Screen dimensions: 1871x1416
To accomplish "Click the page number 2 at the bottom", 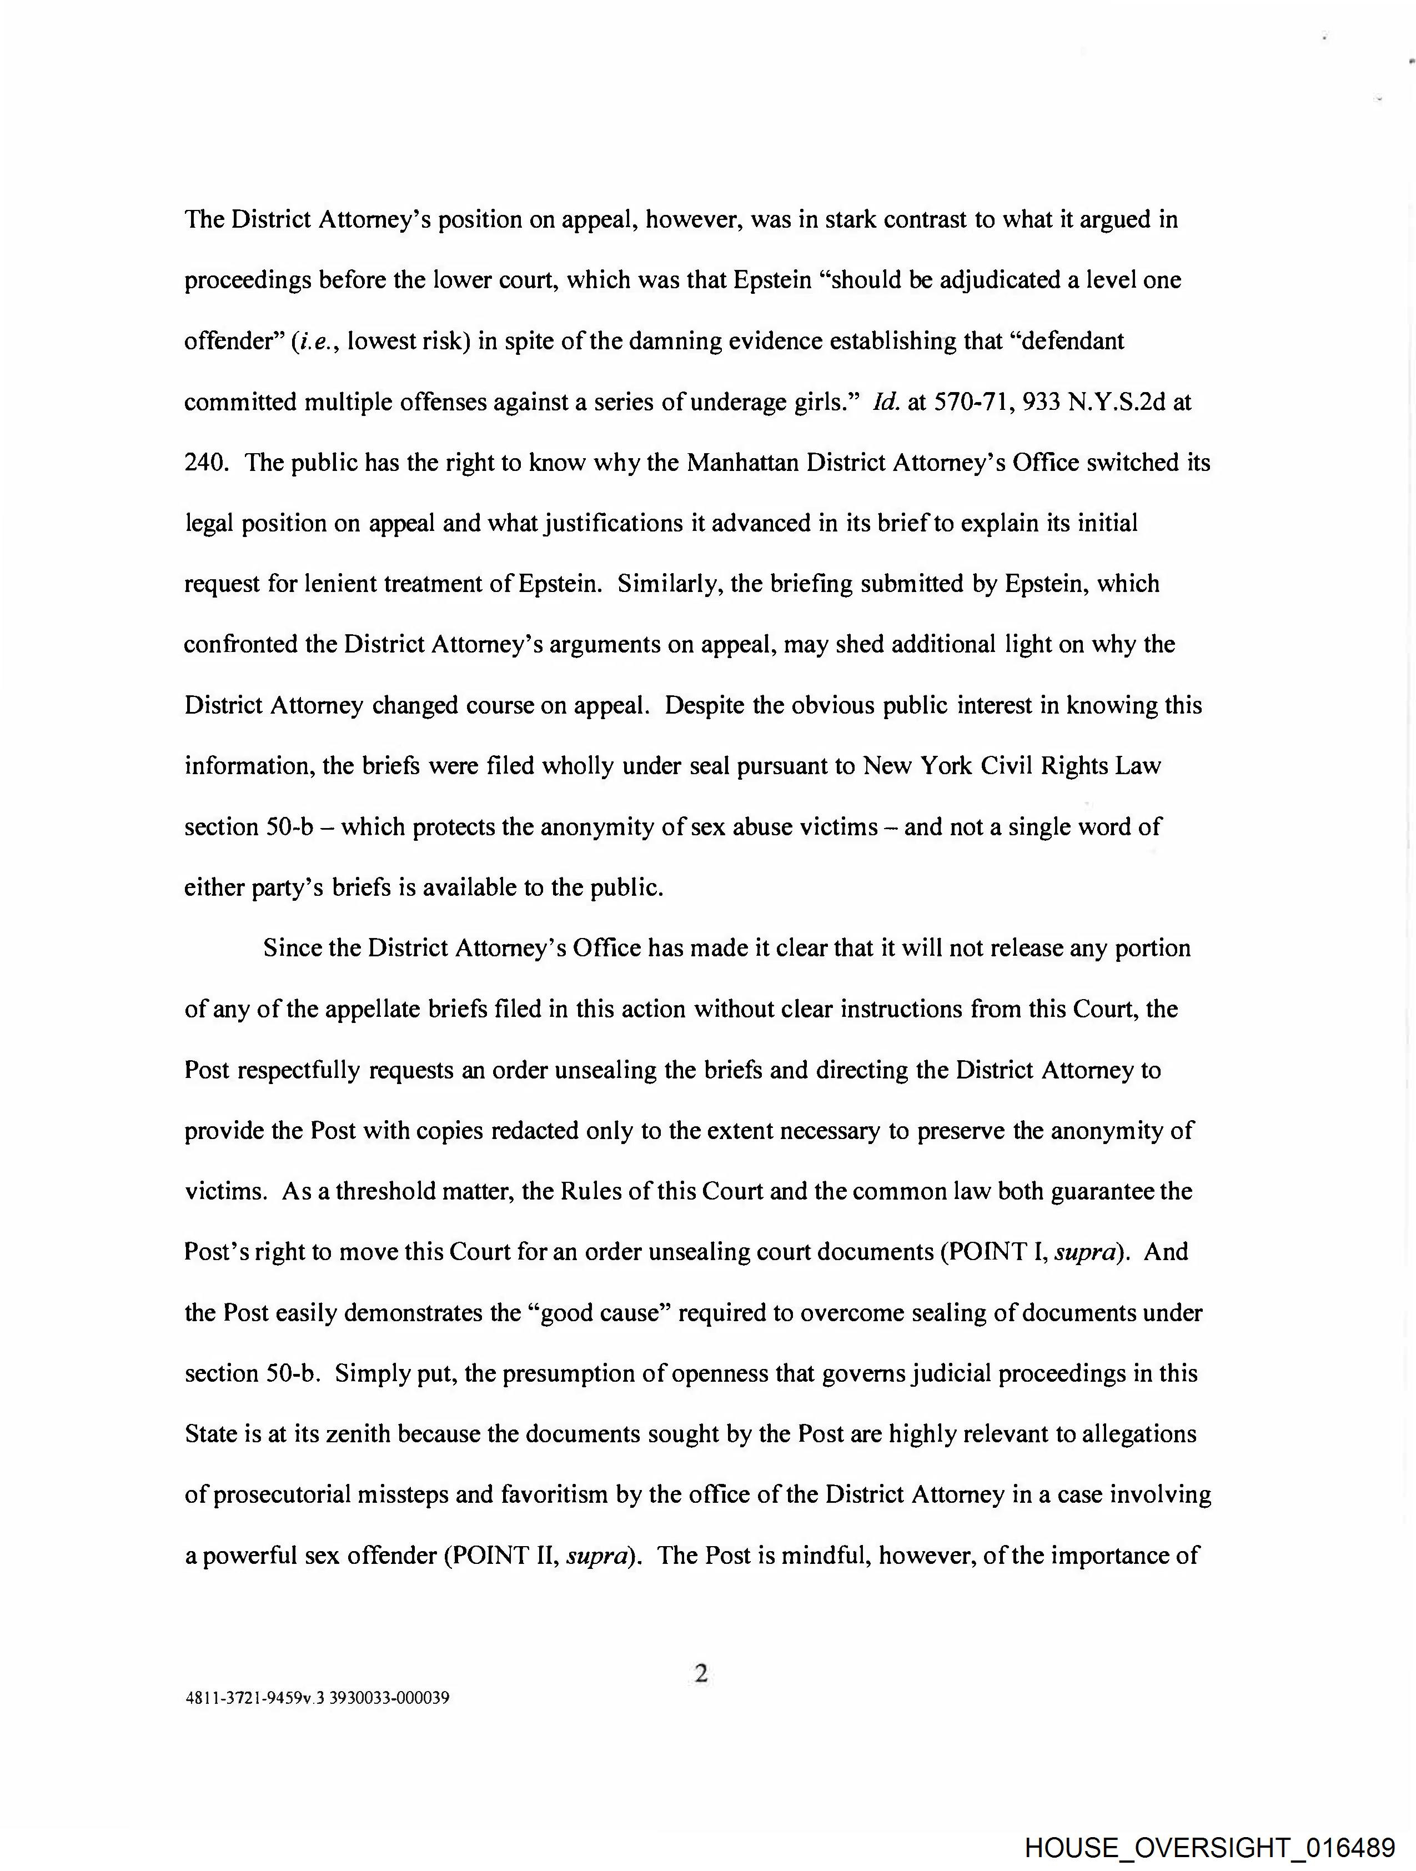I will [x=700, y=1673].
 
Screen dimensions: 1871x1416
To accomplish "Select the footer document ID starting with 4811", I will [x=317, y=1698].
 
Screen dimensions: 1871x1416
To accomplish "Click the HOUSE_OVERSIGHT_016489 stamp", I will [x=1209, y=1849].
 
